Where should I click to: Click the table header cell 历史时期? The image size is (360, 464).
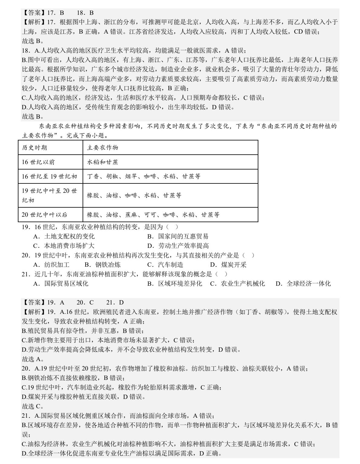tap(34, 148)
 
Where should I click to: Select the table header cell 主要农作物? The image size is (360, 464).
tap(103, 148)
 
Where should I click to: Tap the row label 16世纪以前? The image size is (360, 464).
tap(38, 162)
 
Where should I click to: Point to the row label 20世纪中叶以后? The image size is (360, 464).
tap(44, 215)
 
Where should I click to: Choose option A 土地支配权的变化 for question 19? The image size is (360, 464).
tap(64, 236)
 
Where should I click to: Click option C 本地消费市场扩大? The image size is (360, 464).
tap(64, 246)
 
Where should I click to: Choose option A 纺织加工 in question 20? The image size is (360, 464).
tap(51, 265)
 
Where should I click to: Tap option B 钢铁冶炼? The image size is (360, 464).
tap(103, 265)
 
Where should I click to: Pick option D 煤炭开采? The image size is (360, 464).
tap(228, 265)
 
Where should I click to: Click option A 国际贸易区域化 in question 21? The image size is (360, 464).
tap(61, 284)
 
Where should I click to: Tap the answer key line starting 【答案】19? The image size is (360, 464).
tap(73, 302)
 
